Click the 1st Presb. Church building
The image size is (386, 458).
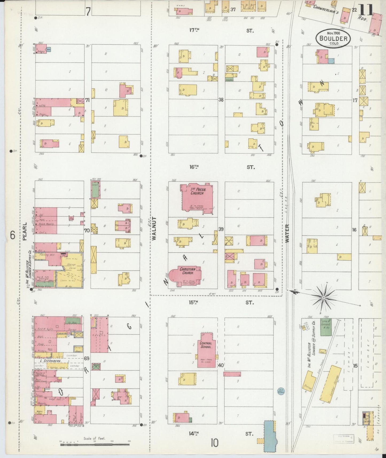click(x=197, y=198)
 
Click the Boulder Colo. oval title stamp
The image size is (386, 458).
click(x=333, y=39)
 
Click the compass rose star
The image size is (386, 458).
click(x=324, y=297)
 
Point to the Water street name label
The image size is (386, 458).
click(x=287, y=233)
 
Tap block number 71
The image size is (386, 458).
click(x=87, y=100)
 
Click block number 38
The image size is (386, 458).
click(x=221, y=100)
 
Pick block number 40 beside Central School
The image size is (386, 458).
click(x=221, y=365)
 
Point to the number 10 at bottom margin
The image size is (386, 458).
click(x=214, y=443)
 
